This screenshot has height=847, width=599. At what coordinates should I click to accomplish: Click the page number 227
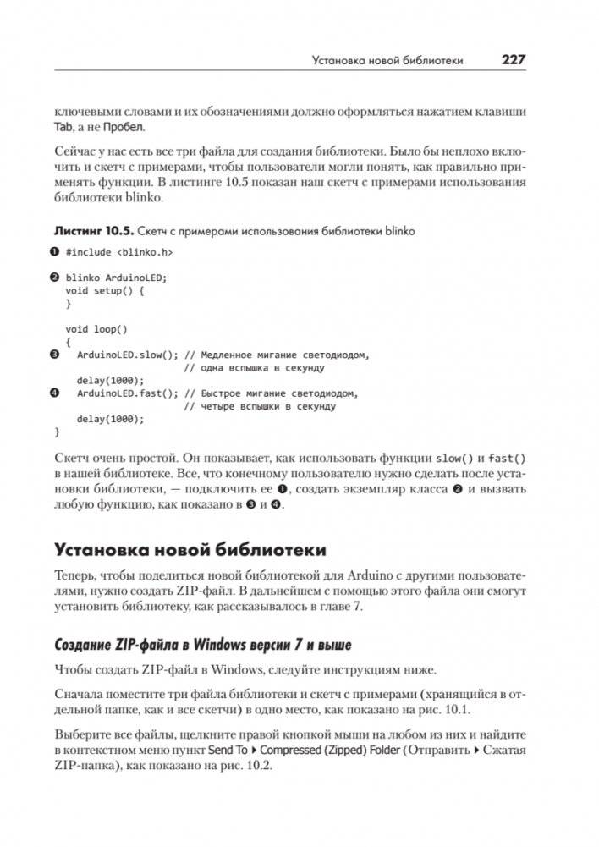[x=514, y=60]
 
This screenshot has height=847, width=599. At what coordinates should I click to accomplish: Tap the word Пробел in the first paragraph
[x=124, y=128]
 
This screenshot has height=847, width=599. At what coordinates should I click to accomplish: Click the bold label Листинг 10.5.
[x=92, y=230]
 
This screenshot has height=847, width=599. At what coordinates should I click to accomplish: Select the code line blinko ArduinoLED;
[x=117, y=278]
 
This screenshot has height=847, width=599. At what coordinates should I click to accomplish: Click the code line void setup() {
[x=106, y=290]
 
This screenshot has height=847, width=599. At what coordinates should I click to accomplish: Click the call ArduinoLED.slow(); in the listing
[x=127, y=355]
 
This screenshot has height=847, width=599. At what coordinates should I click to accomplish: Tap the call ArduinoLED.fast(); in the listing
[x=127, y=393]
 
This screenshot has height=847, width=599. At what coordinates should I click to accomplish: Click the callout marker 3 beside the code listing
[x=55, y=355]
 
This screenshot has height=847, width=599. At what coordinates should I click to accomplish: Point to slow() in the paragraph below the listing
[x=449, y=458]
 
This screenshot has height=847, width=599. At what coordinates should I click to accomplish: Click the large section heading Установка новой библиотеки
[x=190, y=550]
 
